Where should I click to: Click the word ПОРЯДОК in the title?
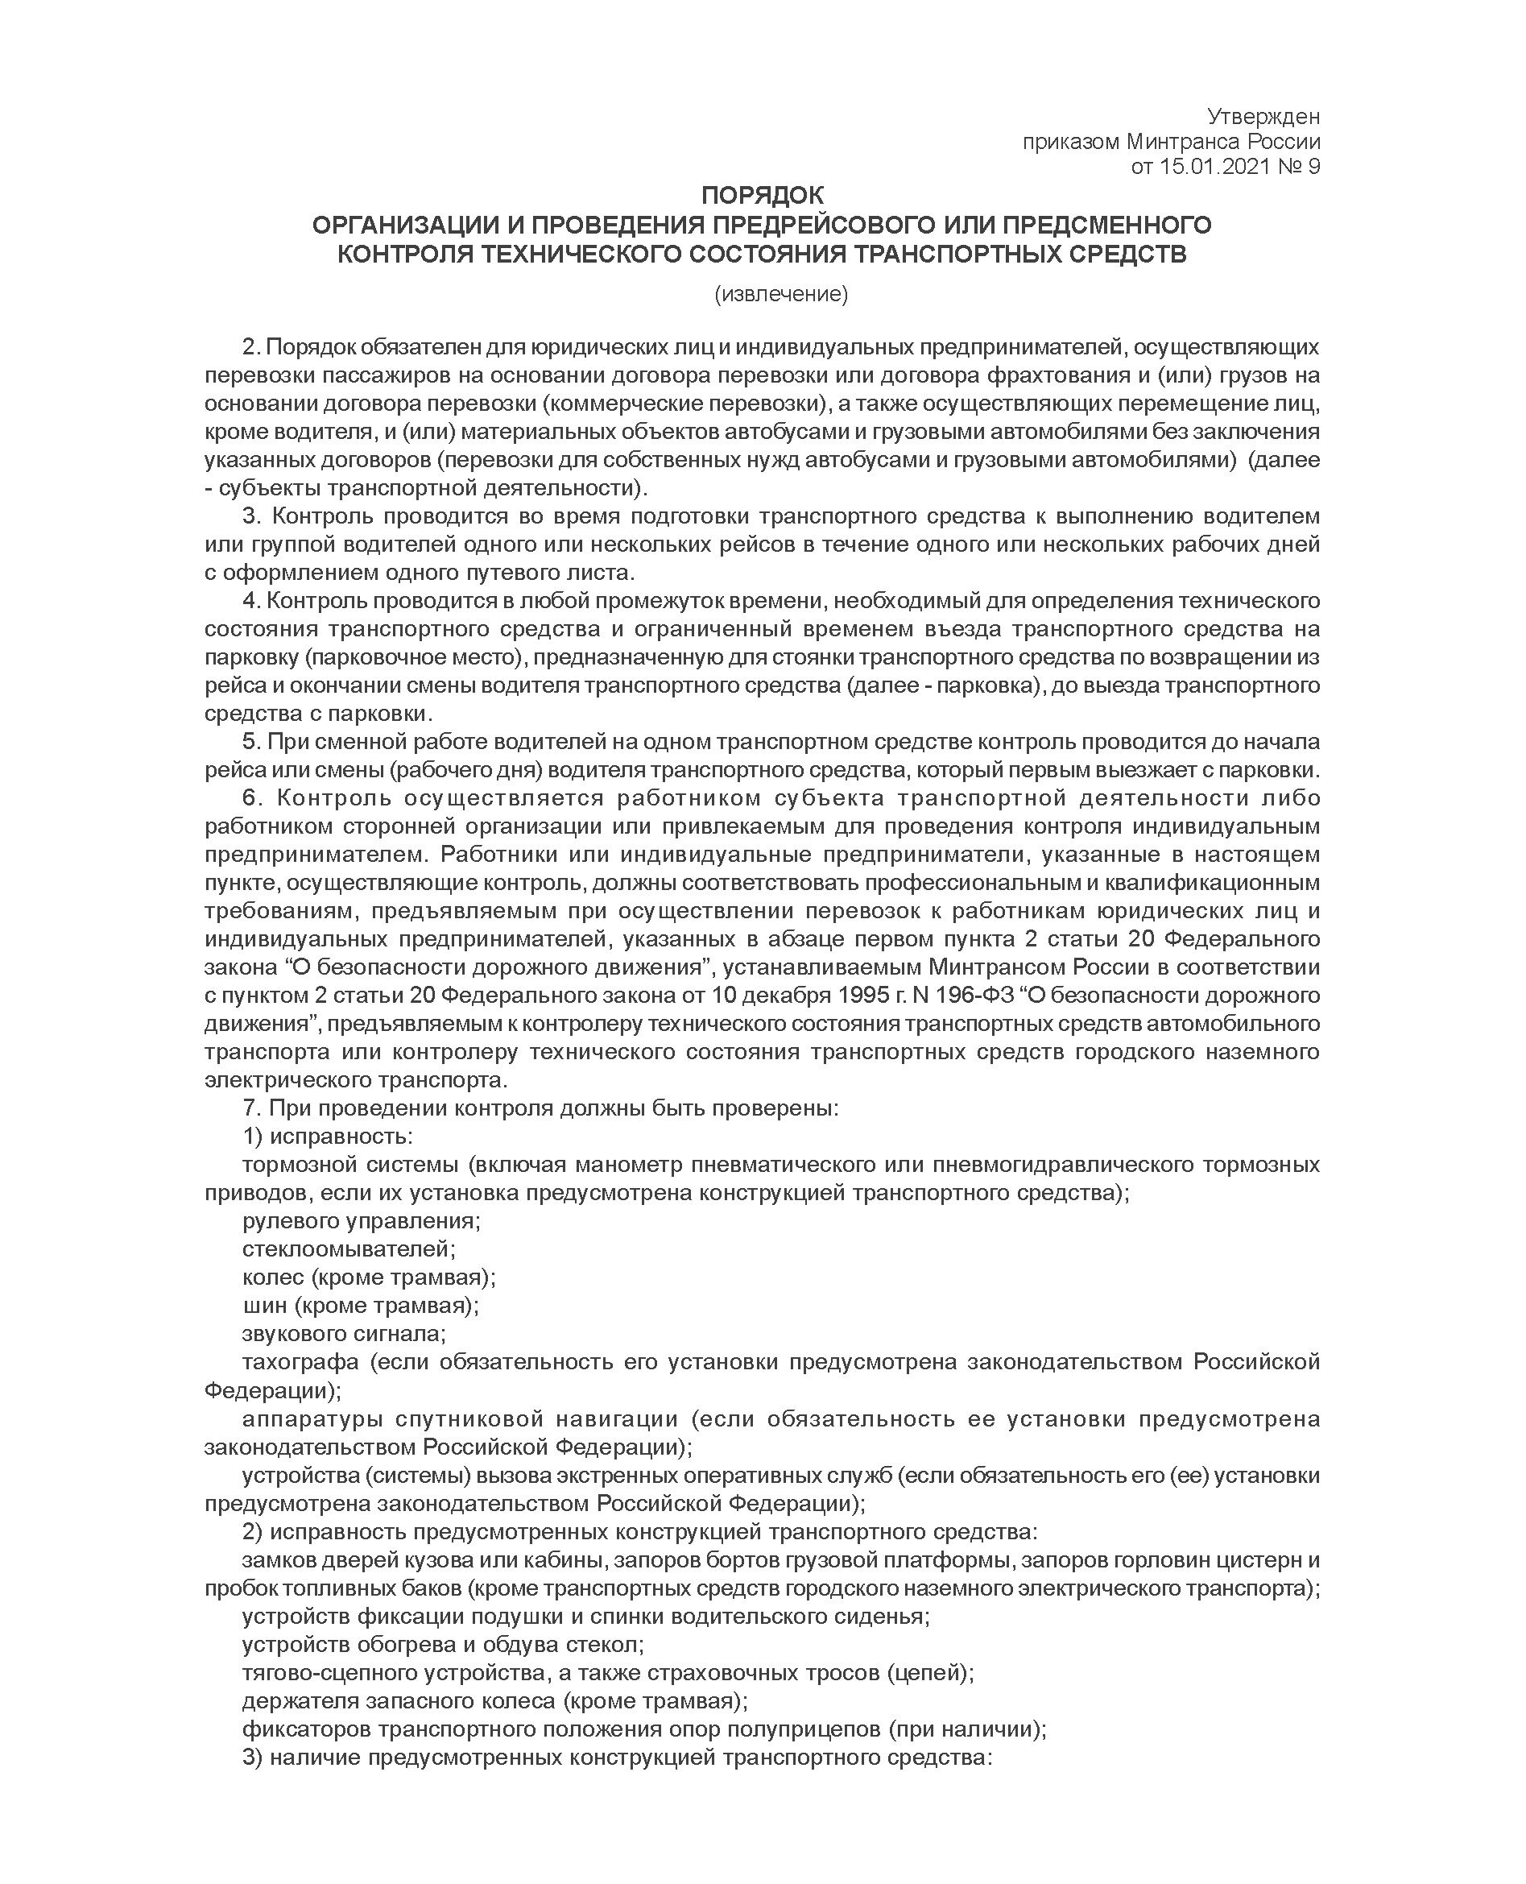[x=762, y=195]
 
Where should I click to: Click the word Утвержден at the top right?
[x=1263, y=117]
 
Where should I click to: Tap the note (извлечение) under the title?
[x=781, y=295]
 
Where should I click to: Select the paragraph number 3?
[x=250, y=516]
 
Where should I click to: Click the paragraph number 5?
[x=250, y=742]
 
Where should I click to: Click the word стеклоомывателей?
[x=349, y=1249]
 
